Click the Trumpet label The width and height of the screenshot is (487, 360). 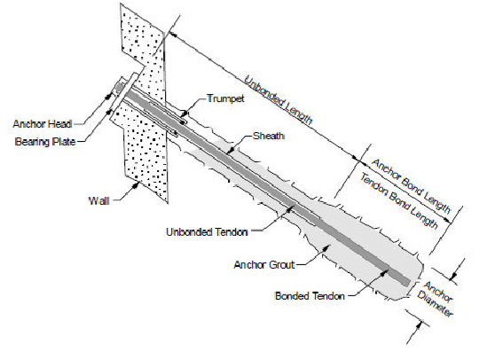226,99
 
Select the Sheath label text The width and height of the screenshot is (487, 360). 269,136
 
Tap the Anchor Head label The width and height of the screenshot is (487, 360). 43,124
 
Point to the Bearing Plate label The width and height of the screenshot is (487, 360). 45,142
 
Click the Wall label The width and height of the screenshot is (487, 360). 99,200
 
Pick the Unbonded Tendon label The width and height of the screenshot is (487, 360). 207,232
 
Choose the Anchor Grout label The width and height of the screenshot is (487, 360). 264,265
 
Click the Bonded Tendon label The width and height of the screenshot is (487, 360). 310,296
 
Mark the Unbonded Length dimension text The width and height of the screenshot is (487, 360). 278,100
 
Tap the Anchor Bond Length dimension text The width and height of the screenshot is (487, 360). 411,186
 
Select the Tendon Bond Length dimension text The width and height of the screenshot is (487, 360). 399,201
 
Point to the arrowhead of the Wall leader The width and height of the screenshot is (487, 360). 136,185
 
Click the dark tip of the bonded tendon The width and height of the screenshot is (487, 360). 408,282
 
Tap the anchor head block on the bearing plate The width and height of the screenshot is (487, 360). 120,88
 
